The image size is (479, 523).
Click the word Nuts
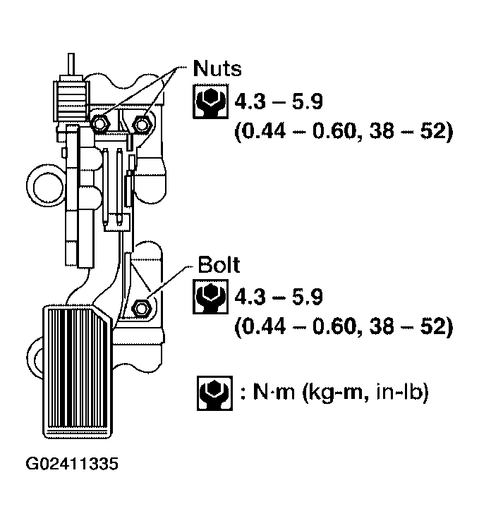tap(217, 70)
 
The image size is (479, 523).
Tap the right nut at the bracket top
tap(144, 124)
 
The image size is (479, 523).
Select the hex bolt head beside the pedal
tap(140, 307)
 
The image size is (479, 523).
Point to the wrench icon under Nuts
tap(207, 103)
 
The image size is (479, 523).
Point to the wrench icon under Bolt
tap(207, 299)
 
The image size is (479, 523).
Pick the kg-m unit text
tap(329, 393)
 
